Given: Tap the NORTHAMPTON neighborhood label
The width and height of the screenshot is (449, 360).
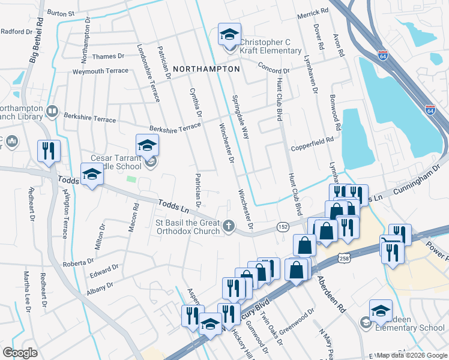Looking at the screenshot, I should (206, 69).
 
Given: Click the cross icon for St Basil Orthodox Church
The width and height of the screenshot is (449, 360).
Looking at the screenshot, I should (228, 226).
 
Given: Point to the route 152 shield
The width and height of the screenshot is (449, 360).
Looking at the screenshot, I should (283, 226).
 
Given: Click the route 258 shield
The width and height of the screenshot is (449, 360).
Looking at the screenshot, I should (343, 257).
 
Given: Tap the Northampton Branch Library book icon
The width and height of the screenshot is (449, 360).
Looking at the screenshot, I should (52, 112).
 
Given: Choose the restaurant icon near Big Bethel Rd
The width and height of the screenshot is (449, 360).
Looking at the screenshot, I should (47, 151).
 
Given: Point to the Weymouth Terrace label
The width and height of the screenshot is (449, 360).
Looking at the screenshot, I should (100, 71).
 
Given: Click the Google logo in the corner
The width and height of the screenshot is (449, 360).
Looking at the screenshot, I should (20, 352).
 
